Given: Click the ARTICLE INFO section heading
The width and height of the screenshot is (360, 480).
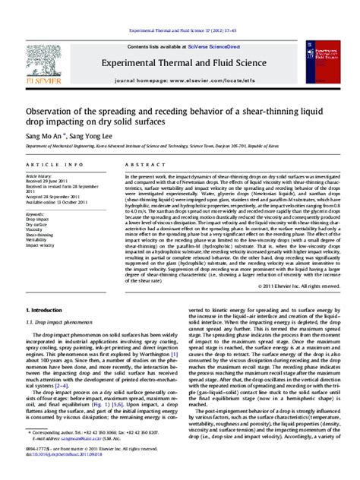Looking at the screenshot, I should [x=48, y=164].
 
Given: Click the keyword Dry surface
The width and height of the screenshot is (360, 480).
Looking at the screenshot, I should [x=37, y=225].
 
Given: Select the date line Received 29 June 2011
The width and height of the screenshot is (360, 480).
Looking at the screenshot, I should [x=47, y=182].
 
